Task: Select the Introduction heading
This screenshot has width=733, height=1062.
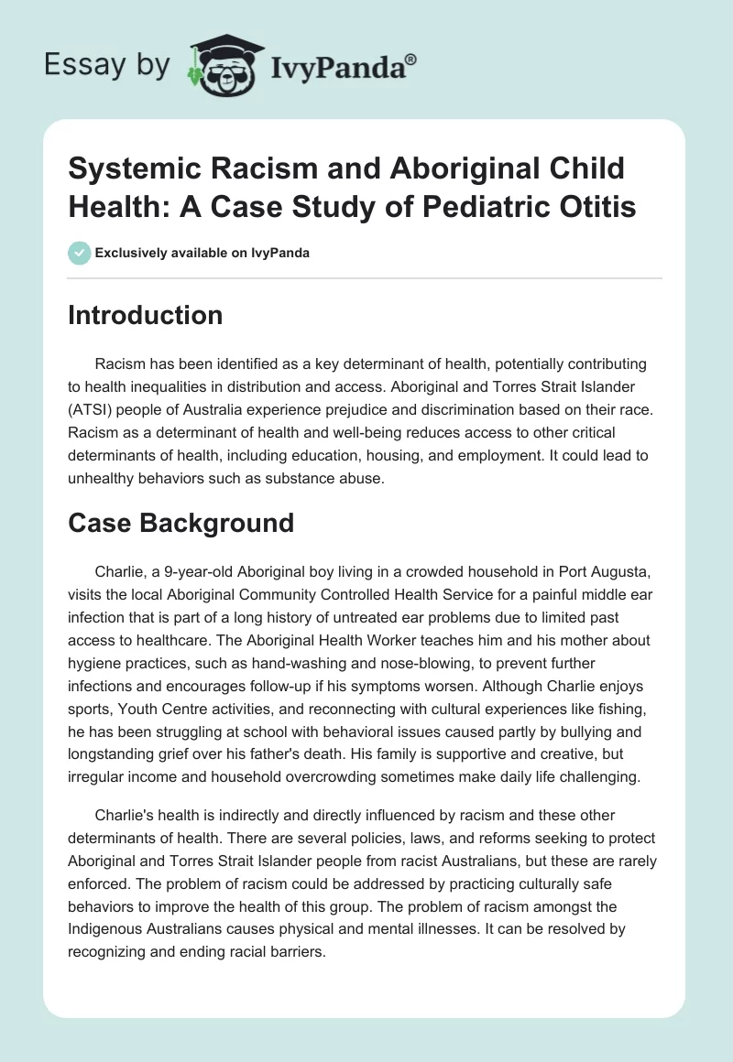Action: [146, 315]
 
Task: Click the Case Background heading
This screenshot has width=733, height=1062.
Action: [181, 523]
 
